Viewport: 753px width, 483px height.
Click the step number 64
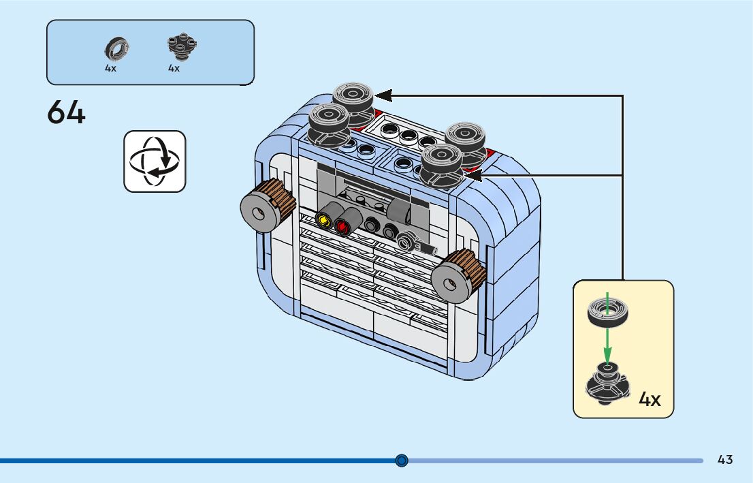point(66,112)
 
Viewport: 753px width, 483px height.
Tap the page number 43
point(724,460)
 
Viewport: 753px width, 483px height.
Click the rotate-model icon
point(155,161)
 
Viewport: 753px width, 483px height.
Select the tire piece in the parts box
point(116,48)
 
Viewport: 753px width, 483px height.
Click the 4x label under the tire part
point(110,68)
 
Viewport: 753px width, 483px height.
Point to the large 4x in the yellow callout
point(650,399)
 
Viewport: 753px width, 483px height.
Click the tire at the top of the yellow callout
point(607,313)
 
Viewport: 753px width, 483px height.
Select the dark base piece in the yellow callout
point(607,382)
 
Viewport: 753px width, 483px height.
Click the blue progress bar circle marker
point(402,461)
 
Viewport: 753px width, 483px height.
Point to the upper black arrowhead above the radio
point(383,95)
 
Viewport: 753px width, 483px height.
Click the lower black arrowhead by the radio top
point(473,175)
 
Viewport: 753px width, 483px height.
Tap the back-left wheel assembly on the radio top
point(353,104)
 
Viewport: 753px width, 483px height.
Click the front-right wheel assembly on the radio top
point(441,166)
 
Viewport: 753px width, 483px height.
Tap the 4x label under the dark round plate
point(174,68)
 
